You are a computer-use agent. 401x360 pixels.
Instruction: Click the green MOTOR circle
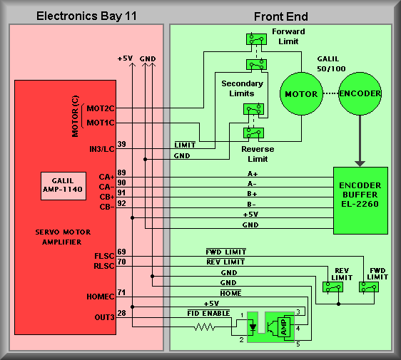click(x=301, y=94)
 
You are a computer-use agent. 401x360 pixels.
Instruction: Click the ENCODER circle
click(x=360, y=93)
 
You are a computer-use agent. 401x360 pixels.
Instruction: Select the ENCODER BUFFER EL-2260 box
click(x=360, y=200)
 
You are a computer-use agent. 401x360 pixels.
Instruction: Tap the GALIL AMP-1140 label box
click(x=64, y=186)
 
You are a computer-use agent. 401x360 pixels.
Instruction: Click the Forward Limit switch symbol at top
click(x=256, y=39)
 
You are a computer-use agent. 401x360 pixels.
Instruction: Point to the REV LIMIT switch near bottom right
click(x=333, y=287)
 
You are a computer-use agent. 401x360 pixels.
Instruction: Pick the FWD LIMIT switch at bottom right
click(x=368, y=287)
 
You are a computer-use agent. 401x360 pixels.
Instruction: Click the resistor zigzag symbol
click(x=204, y=326)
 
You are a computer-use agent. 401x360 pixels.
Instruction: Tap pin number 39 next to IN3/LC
click(x=122, y=144)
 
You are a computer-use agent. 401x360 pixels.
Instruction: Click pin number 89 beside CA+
click(x=122, y=173)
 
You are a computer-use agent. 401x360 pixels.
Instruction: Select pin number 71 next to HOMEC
click(x=121, y=292)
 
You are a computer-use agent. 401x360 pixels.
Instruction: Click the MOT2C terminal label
click(x=101, y=108)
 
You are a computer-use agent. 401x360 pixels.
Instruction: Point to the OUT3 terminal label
click(x=104, y=317)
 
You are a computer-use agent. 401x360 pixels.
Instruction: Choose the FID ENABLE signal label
click(x=208, y=313)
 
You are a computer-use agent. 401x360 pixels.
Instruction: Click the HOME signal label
click(x=230, y=293)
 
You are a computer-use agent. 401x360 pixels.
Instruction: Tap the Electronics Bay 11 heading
click(x=86, y=16)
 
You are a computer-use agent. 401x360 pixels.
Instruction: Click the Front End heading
click(x=281, y=16)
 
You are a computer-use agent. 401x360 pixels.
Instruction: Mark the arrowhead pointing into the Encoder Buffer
click(x=360, y=163)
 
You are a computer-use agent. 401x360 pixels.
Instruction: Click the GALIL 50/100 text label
click(x=331, y=64)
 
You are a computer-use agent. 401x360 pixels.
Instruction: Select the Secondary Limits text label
click(x=242, y=88)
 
